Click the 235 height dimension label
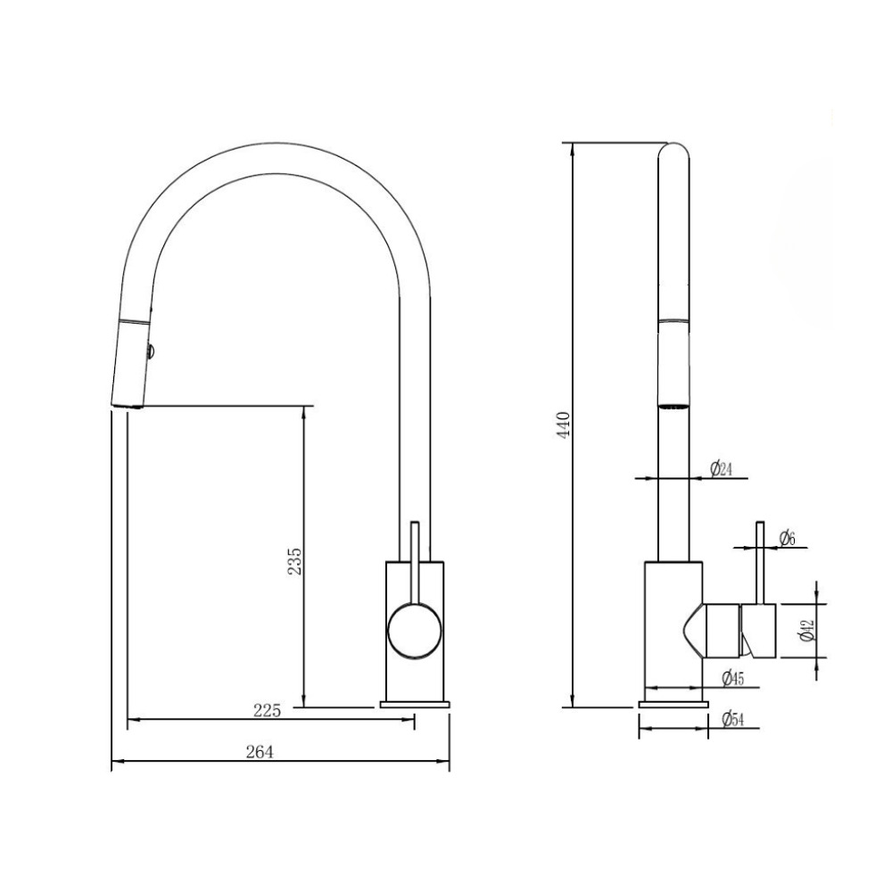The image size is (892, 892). coord(294,561)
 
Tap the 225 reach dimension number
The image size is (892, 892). coord(268,711)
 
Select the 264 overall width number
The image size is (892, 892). coord(260,752)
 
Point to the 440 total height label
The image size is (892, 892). coord(563,425)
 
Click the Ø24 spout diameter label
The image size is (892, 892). coord(721,469)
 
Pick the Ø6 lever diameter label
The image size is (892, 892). coord(787,538)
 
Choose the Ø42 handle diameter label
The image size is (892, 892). coord(807,631)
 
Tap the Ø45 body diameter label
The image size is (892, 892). coord(732,678)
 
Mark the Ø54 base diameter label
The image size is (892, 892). coord(732,719)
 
